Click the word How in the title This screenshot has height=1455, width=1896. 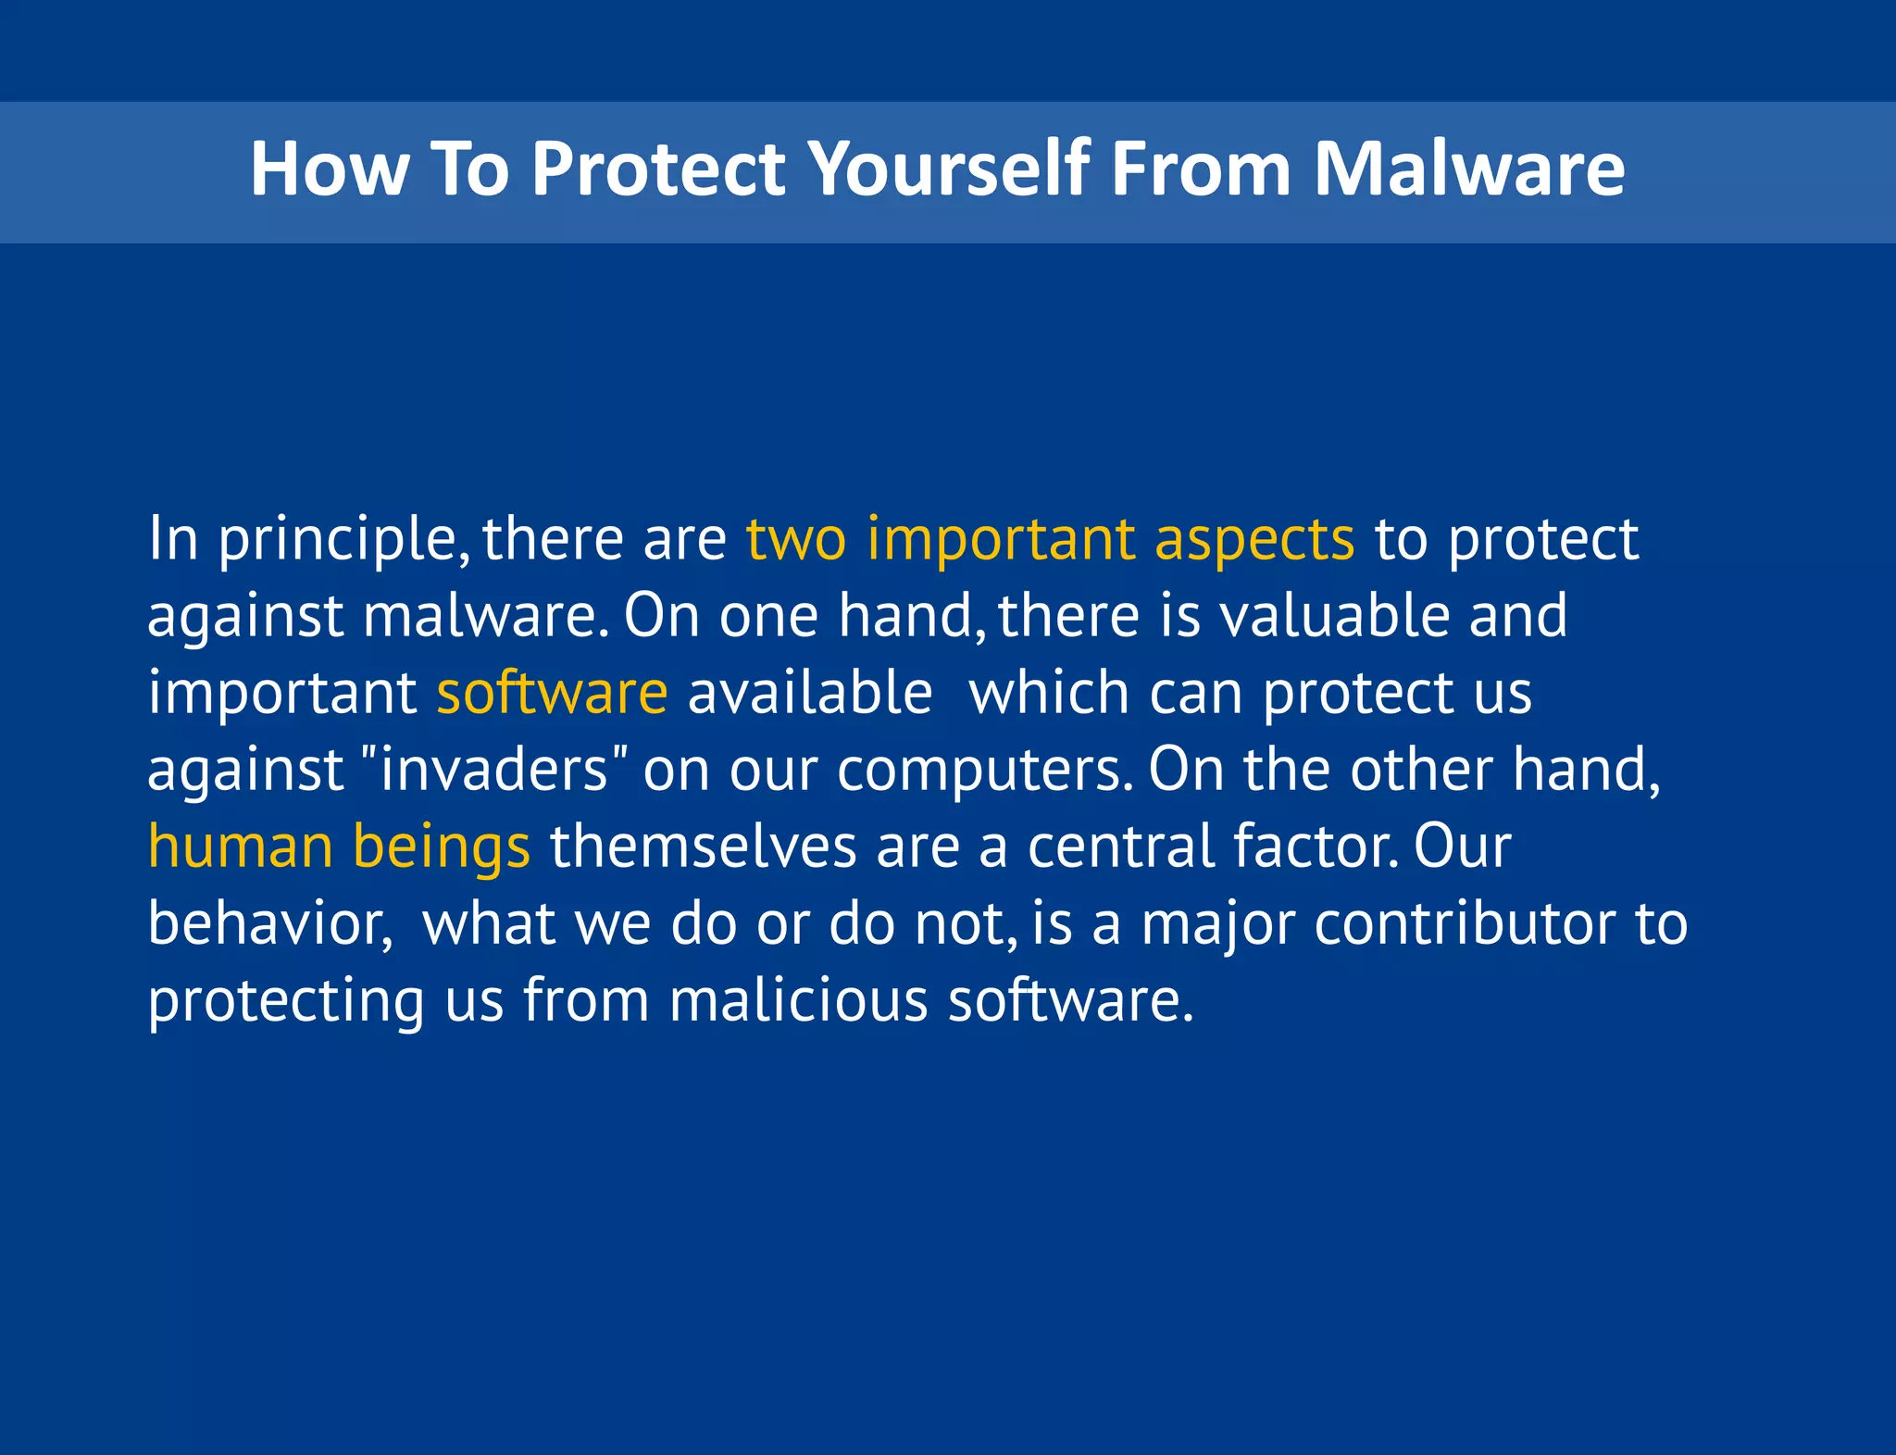click(329, 169)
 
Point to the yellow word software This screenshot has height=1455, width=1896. click(552, 693)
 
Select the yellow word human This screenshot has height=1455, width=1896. click(241, 847)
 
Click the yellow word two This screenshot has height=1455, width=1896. click(796, 539)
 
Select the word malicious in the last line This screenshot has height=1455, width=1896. click(798, 1000)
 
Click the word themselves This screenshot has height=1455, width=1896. click(703, 847)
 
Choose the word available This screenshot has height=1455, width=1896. click(809, 693)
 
